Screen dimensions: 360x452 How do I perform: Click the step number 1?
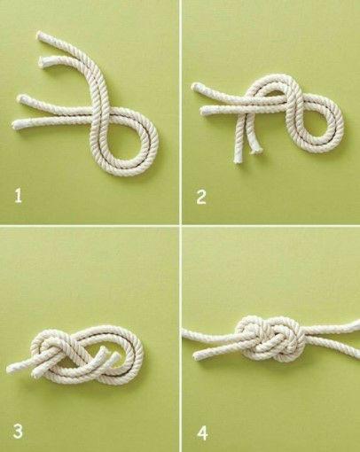(19, 196)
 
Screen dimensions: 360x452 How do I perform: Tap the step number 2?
(201, 197)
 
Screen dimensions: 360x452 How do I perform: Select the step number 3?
(18, 432)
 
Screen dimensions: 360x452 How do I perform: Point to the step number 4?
(202, 434)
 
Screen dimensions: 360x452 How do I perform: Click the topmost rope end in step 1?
(41, 35)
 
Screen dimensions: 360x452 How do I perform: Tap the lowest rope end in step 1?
(16, 124)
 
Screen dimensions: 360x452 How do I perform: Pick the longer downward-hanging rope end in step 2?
(238, 160)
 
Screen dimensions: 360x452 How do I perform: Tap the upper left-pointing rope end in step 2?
(196, 88)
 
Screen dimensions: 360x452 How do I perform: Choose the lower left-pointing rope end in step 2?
(205, 112)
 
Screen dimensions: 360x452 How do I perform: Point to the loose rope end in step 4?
(197, 355)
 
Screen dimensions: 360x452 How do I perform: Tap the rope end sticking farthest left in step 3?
(11, 369)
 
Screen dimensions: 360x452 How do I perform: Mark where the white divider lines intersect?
(180, 225)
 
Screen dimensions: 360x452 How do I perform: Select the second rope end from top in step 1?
(43, 61)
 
